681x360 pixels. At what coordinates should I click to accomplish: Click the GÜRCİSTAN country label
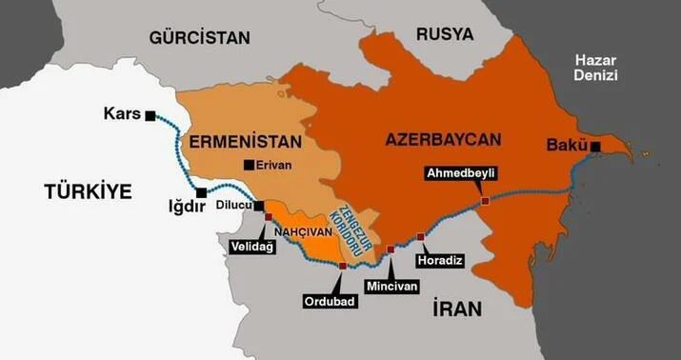click(199, 38)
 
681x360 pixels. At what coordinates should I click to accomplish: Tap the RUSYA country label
click(444, 34)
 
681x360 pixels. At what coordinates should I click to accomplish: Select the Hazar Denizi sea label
click(596, 68)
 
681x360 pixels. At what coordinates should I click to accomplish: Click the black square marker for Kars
click(150, 115)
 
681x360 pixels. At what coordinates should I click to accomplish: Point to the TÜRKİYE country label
click(87, 192)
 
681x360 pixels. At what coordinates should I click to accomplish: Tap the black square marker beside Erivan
click(249, 165)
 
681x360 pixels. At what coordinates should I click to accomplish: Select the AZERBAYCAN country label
click(443, 139)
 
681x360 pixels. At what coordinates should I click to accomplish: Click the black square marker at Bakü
click(595, 146)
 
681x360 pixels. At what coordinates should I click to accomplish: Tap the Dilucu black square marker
click(258, 204)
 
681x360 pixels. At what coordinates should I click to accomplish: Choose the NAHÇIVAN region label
click(302, 229)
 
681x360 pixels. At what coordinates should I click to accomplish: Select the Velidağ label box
click(251, 245)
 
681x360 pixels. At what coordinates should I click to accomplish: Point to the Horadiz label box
click(443, 257)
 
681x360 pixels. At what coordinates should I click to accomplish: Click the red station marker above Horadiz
click(420, 236)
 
